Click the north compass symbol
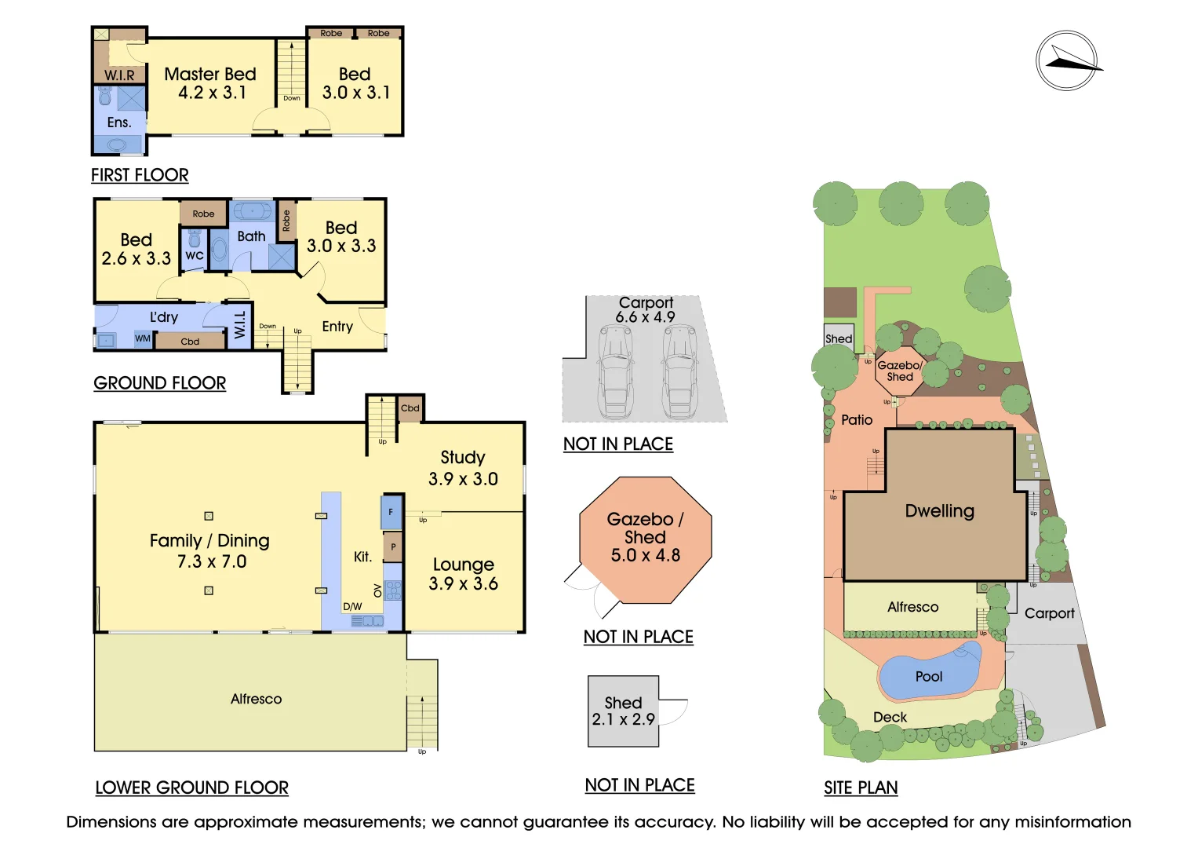1067,60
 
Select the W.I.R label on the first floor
119,75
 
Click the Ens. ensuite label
118,122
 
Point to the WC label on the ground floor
194,255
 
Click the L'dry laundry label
164,317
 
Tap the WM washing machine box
143,339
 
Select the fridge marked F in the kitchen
391,512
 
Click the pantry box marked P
393,546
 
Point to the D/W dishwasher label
352,606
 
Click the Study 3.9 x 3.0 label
463,468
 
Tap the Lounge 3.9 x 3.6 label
463,573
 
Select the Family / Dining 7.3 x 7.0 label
210,550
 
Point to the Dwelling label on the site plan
940,510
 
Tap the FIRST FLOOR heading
140,175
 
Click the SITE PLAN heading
861,788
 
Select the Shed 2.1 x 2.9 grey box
623,711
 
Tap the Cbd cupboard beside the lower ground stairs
410,408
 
